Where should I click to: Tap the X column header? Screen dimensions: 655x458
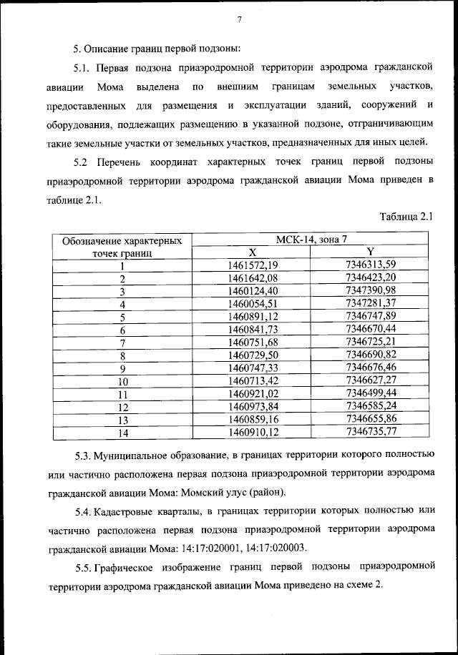tap(252, 252)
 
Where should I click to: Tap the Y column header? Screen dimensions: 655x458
tap(370, 252)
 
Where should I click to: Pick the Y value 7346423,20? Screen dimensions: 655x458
tap(370, 278)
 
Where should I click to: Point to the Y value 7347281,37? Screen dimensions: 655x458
tap(370, 304)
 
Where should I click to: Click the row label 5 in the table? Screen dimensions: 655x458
tap(123, 317)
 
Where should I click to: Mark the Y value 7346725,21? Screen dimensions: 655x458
tap(370, 343)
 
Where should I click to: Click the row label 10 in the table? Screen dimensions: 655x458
tap(123, 382)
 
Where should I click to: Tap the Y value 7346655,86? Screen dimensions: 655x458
tap(370, 419)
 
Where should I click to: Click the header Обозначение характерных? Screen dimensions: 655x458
tap(123, 240)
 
